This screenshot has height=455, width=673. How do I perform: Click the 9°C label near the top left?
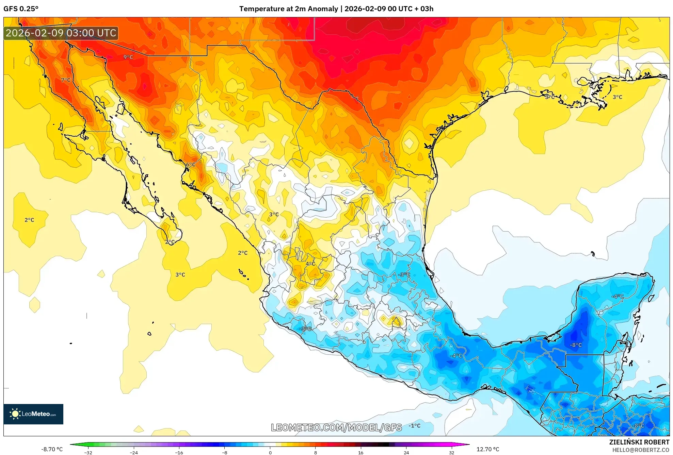coord(128,57)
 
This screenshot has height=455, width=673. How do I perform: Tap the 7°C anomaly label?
coord(66,80)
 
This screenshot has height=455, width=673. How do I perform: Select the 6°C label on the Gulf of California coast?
coord(191,165)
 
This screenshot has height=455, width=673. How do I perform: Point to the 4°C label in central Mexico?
coord(310,264)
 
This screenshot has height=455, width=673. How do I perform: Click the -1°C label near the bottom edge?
coord(414,426)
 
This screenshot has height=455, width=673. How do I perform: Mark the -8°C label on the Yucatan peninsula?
coord(576,345)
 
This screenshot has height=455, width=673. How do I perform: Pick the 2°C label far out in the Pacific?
coord(29,220)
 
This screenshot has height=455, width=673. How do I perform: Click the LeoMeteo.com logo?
coord(33,414)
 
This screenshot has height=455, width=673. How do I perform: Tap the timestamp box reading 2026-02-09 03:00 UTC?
coord(61,33)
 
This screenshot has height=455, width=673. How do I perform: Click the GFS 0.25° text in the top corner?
coord(21,9)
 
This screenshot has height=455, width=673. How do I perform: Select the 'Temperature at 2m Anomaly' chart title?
coord(288,9)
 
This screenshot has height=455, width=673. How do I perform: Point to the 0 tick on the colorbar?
coord(270,453)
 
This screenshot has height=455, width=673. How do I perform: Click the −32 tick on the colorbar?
coord(88,453)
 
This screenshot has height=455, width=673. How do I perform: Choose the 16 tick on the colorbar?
coord(360,453)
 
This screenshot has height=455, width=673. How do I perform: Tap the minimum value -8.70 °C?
coord(52,449)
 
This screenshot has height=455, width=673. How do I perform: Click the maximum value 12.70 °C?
coord(487,449)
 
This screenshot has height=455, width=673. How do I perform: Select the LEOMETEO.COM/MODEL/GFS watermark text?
coord(336,427)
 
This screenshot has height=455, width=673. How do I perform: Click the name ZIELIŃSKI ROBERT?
coord(639,442)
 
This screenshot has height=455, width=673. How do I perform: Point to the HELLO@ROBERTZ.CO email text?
coord(641,450)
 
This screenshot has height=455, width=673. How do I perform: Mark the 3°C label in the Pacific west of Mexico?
coord(180,275)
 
